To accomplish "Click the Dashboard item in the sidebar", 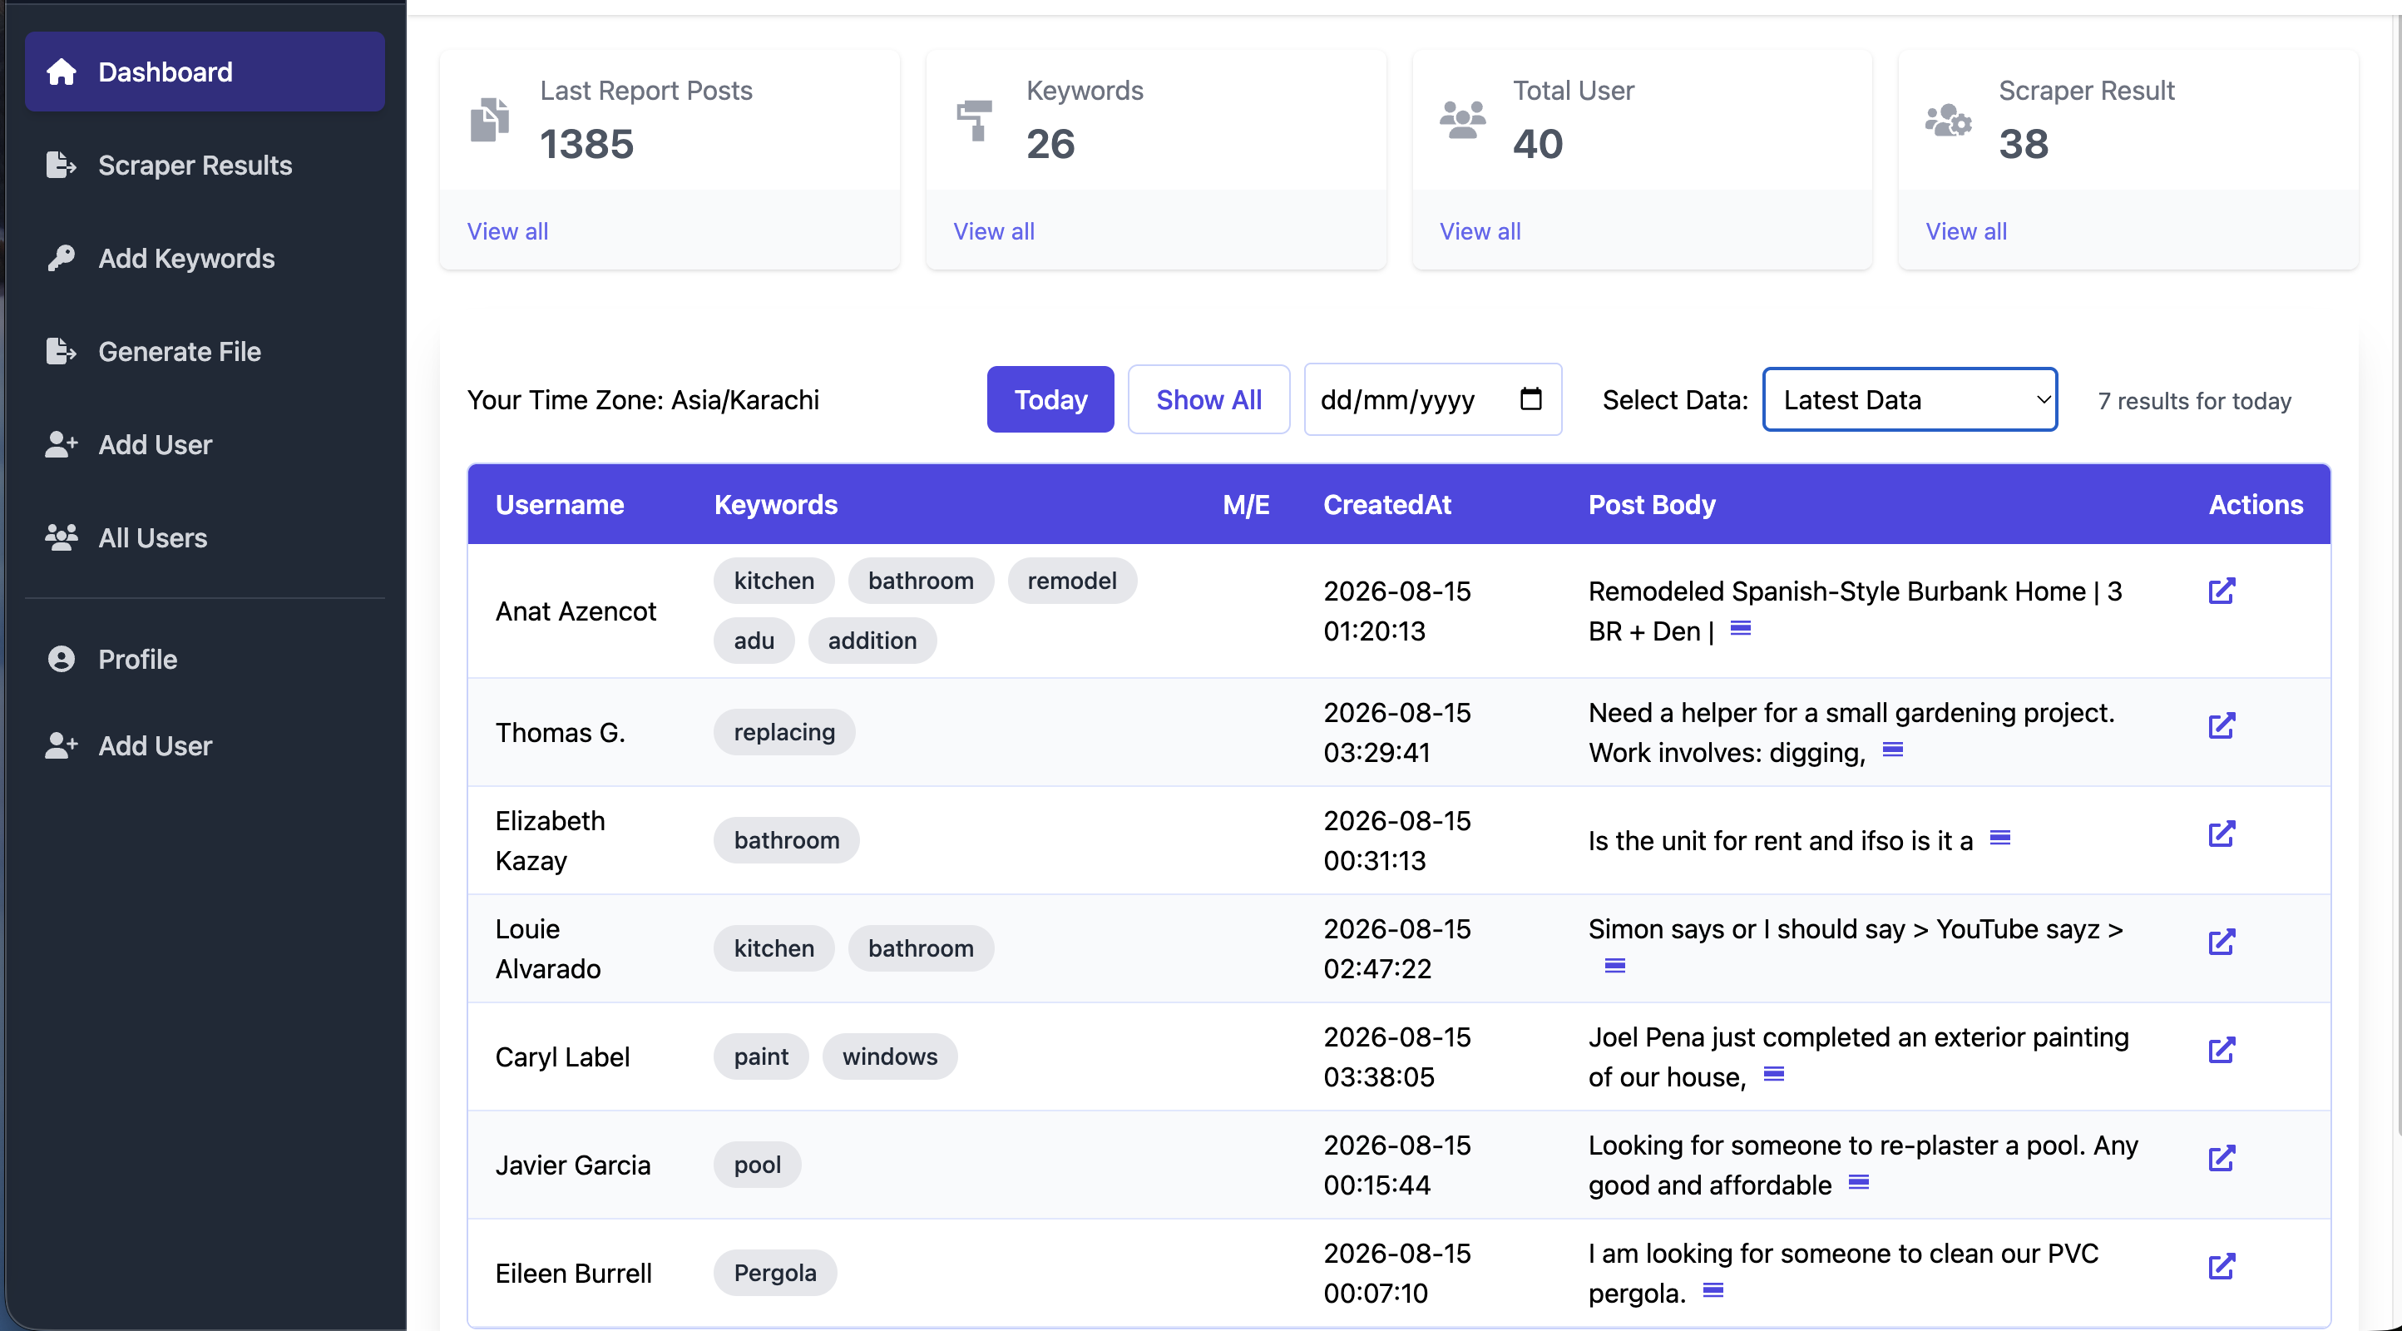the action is (205, 72).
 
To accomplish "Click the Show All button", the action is (1208, 399).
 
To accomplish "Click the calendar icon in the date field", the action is (1530, 398).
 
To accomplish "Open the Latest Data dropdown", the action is (1910, 399).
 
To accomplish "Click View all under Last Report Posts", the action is (507, 231).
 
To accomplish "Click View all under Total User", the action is (1480, 231).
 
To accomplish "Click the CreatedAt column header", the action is (1386, 505).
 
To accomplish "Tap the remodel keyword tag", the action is (1072, 581).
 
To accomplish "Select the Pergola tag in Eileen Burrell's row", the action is (775, 1273).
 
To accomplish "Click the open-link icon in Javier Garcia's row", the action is (2222, 1159).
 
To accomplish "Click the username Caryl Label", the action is (562, 1056).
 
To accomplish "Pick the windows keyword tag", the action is (890, 1056).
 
